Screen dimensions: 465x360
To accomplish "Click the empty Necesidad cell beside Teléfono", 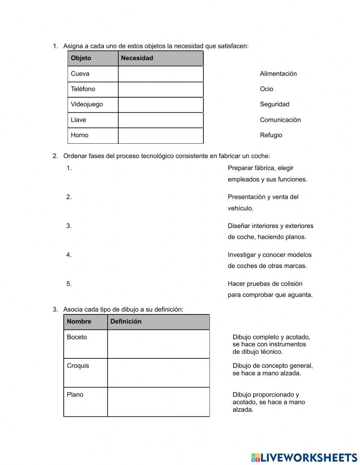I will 161,89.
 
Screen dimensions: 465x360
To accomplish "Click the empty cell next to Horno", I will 161,135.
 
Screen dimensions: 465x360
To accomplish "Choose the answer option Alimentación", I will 278,74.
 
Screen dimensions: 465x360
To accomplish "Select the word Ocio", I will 266,89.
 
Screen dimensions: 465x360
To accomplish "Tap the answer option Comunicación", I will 280,120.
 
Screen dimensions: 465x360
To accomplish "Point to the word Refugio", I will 271,135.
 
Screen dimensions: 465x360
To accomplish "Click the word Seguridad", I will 274,104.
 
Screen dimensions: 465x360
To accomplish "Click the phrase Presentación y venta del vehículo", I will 263,202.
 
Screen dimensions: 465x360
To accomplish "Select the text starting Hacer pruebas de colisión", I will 270,289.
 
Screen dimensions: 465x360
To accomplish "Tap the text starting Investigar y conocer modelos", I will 269,260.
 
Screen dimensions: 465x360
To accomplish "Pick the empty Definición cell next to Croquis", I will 158,373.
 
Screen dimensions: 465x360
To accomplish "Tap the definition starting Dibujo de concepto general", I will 272,370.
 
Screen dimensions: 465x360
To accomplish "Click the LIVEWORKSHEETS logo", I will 304,457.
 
